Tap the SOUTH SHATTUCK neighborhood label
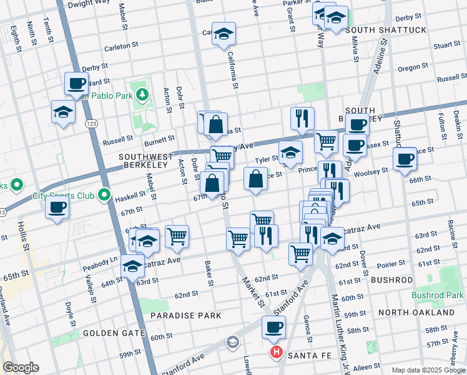(385, 30)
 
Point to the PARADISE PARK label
(185, 316)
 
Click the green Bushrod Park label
(437, 294)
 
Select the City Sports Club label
(63, 196)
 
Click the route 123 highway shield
(91, 124)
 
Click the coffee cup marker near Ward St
(77, 83)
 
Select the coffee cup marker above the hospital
(273, 326)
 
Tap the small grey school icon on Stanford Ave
(233, 341)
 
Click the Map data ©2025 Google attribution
(428, 369)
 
